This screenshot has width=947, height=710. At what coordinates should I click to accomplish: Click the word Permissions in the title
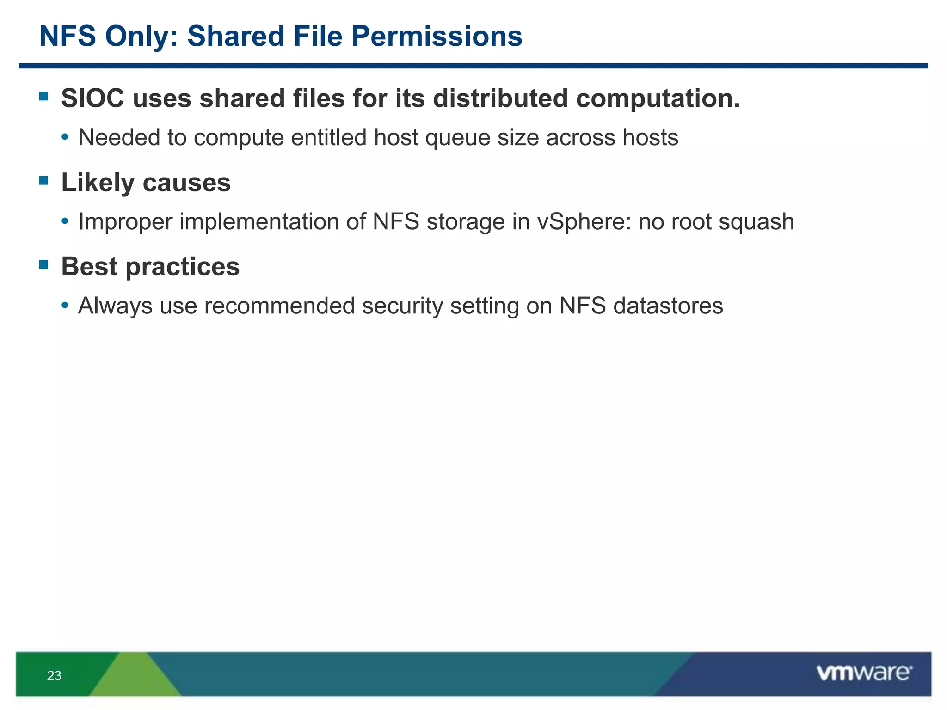click(x=437, y=36)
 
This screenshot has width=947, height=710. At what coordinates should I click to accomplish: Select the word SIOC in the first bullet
click(x=92, y=98)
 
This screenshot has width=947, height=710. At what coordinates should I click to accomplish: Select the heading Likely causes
click(x=146, y=183)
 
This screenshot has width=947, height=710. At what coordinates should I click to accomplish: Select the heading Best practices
click(x=150, y=267)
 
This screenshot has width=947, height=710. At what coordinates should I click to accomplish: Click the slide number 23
click(x=54, y=676)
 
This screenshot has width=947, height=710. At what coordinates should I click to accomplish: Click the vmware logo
click(x=864, y=673)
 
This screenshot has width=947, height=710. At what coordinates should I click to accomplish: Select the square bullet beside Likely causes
click(x=44, y=180)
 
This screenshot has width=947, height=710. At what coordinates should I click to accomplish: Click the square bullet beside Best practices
click(x=44, y=264)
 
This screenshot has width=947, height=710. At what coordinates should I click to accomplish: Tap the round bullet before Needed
click(x=65, y=137)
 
